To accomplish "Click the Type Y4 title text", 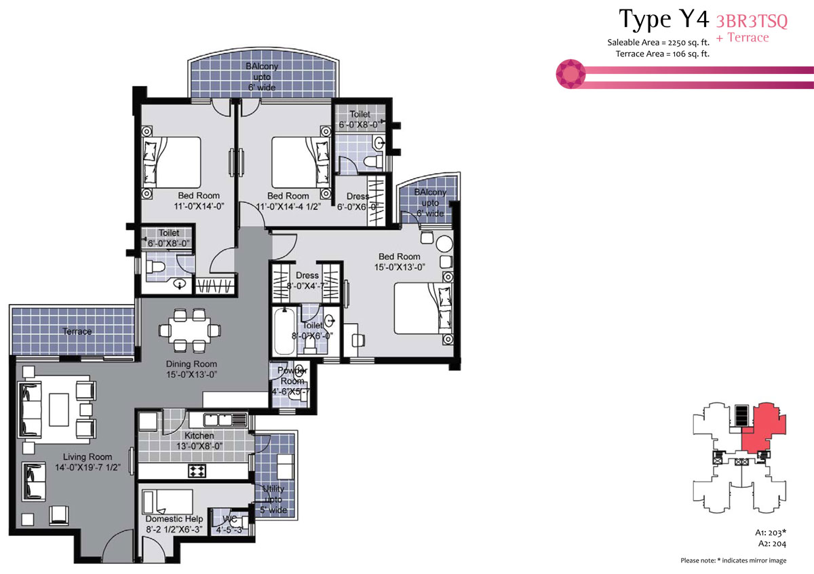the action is (x=663, y=19).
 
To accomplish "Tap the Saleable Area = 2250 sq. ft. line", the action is (x=658, y=43).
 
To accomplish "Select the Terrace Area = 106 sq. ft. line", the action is (x=663, y=54).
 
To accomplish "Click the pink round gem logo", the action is (x=570, y=74).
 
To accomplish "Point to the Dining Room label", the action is (x=191, y=364).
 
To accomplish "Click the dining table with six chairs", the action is (x=189, y=330).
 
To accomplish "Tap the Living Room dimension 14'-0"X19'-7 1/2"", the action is (x=88, y=467).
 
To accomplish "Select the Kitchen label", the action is (x=199, y=436).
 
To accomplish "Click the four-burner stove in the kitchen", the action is (x=197, y=471).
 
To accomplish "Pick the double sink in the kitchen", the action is (x=218, y=420).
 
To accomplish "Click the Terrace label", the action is (x=77, y=332).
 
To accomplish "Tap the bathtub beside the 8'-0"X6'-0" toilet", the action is (x=284, y=331).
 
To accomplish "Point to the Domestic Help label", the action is (x=174, y=519).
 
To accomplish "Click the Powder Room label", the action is (x=292, y=375).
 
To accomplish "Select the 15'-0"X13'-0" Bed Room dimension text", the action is (x=400, y=267).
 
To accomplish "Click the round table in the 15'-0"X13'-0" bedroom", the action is (x=444, y=244).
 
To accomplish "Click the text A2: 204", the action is (x=772, y=544).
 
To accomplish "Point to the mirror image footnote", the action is (x=733, y=560).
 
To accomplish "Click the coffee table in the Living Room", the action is (x=59, y=410).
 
